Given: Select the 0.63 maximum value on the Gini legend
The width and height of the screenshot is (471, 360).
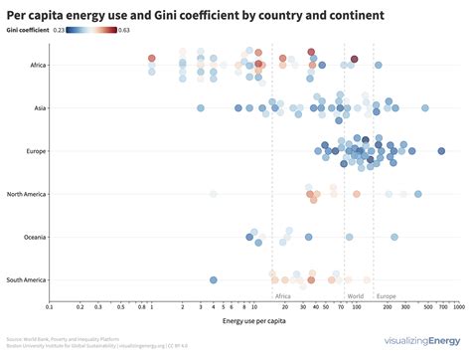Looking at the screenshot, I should (123, 31).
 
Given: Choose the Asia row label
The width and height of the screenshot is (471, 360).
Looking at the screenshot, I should (38, 108).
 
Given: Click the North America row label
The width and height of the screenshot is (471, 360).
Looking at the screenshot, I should (24, 194).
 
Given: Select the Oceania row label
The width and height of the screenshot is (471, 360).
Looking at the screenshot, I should (33, 237).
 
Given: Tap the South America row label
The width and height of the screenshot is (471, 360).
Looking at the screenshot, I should (24, 279).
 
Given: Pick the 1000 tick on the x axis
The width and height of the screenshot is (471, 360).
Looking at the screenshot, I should (458, 307).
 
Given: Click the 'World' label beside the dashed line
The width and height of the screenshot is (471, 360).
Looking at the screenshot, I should (355, 295).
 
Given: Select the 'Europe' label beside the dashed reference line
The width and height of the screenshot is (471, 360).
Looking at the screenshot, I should (386, 295).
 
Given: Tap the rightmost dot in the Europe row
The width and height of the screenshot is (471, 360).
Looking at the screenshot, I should (441, 151).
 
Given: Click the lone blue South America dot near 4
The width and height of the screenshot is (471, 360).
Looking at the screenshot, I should (213, 279).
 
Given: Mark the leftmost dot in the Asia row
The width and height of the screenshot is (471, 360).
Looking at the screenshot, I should (200, 108).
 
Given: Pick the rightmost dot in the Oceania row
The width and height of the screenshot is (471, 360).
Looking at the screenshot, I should (394, 237).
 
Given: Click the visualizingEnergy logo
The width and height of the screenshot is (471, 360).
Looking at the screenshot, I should (417, 342).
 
